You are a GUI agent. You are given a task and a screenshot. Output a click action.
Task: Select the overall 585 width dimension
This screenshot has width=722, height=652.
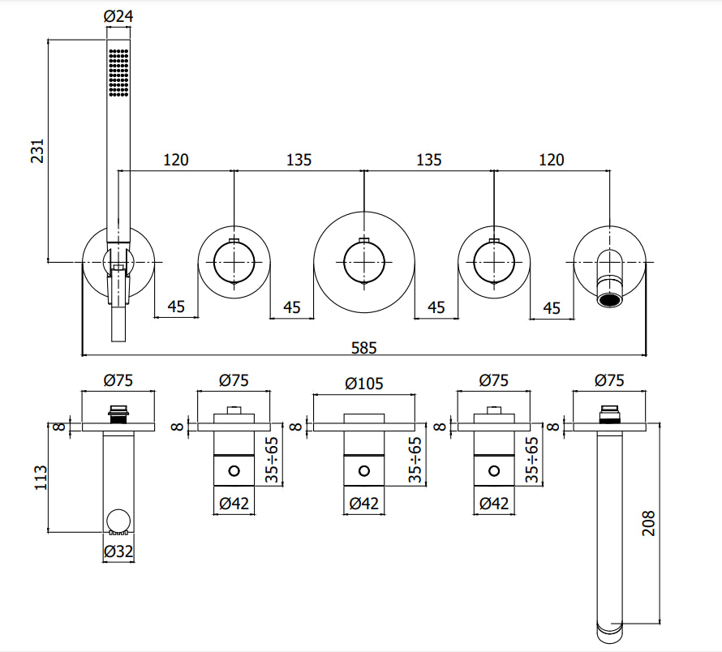[364, 347]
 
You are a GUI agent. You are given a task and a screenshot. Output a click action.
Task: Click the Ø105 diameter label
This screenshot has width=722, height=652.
[363, 384]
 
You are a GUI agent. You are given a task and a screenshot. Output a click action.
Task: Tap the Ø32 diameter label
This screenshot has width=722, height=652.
[118, 552]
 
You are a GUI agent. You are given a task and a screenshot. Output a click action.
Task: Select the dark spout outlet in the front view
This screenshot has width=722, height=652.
[609, 300]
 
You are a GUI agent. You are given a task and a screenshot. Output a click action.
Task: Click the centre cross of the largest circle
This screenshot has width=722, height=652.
[364, 261]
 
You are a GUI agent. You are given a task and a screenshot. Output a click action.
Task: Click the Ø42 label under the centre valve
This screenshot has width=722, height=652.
[363, 504]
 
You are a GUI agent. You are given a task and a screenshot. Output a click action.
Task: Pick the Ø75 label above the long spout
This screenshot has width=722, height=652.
[609, 379]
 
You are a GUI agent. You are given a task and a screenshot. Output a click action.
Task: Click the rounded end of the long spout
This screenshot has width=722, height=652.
[609, 628]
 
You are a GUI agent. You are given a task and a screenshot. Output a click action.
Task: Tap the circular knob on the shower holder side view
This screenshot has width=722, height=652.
[118, 521]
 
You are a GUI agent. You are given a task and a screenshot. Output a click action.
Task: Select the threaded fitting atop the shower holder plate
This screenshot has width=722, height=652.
[118, 412]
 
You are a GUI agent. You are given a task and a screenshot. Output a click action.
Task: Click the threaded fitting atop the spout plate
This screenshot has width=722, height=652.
[609, 413]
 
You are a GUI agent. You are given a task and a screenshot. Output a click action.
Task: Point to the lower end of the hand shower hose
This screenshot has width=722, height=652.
[118, 328]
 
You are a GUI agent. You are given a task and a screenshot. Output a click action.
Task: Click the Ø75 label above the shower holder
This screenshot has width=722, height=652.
[118, 379]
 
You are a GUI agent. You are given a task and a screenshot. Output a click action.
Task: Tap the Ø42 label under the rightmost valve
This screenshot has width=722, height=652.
[493, 504]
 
